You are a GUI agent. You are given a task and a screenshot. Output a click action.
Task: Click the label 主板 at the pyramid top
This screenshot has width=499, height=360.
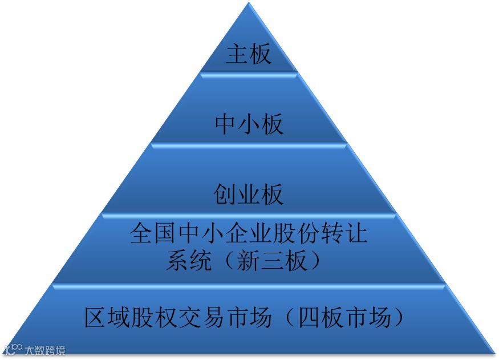pos(249,55)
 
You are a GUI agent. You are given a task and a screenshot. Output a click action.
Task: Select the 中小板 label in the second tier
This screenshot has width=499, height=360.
pos(249,124)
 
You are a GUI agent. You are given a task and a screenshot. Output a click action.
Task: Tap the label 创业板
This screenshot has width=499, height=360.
pos(249,195)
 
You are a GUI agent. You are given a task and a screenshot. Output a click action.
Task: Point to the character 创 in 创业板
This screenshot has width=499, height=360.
pos(225,195)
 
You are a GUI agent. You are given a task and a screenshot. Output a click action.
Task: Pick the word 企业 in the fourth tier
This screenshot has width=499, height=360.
pos(248,234)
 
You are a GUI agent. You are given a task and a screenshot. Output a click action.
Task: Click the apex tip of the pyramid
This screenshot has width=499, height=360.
pos(249,5)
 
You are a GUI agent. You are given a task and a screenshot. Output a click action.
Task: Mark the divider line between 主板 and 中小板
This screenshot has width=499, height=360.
pos(249,72)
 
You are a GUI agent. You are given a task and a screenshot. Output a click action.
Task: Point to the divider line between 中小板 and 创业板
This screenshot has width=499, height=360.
pos(249,144)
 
